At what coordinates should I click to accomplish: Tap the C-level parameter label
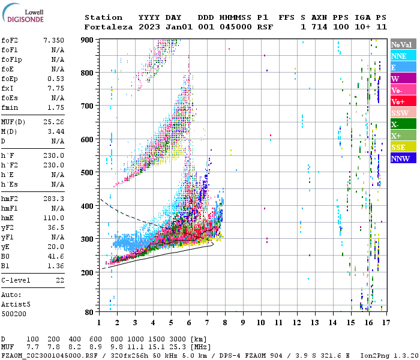click(x=16, y=280)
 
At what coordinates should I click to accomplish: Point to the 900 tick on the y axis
click(x=89, y=40)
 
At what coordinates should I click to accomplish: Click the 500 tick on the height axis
click(x=89, y=173)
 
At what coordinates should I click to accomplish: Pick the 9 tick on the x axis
click(x=243, y=322)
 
